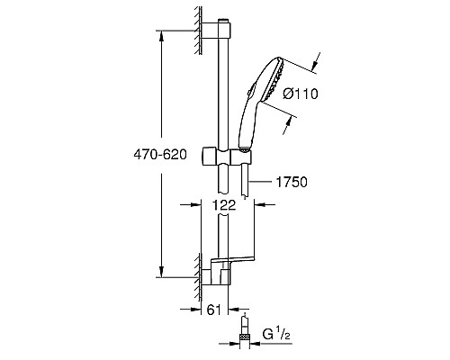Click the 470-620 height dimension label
(160, 155)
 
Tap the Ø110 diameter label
(301, 94)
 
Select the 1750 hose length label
(292, 182)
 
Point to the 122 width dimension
(224, 205)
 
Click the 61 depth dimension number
(214, 310)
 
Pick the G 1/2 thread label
(276, 334)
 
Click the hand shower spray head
(274, 79)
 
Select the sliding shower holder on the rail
(227, 156)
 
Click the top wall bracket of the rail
(216, 31)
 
